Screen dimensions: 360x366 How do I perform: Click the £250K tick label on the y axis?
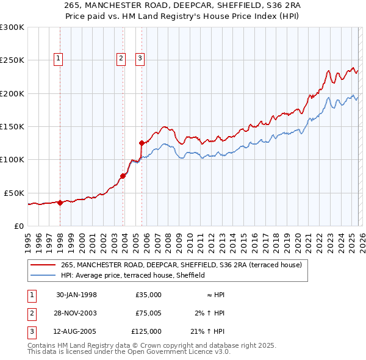point(12,60)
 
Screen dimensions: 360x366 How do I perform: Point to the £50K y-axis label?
point(14,193)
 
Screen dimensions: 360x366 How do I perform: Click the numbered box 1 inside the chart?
point(58,59)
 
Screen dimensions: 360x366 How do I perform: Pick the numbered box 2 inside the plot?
point(121,59)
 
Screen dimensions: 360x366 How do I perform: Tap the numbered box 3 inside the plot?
point(140,59)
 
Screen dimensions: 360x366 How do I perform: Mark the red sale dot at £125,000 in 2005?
point(142,143)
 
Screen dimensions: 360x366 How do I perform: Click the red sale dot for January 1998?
point(60,203)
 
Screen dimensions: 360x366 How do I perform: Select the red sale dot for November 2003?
point(123,176)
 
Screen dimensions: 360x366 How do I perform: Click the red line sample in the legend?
point(43,265)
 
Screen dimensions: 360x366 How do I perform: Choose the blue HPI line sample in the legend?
point(43,275)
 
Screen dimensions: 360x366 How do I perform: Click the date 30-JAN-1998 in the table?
point(76,295)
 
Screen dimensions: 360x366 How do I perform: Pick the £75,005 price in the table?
point(148,314)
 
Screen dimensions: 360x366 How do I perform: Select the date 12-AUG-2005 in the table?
point(76,333)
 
